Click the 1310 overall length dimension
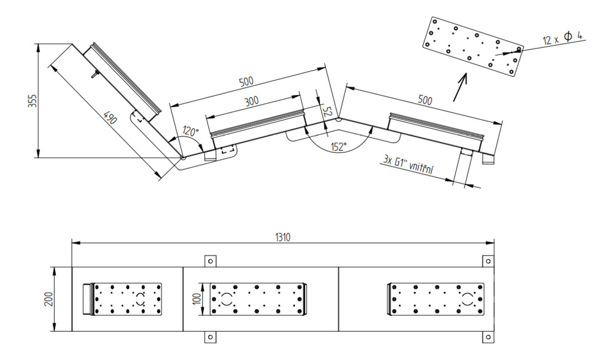click(282, 237)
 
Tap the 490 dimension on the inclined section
click(111, 117)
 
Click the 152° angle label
click(339, 147)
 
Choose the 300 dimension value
click(251, 101)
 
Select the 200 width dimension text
click(50, 299)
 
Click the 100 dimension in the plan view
click(197, 299)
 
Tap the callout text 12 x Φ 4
click(562, 38)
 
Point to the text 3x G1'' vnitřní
click(409, 165)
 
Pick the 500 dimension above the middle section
click(246, 82)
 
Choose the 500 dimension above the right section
click(425, 100)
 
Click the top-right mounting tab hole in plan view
click(488, 261)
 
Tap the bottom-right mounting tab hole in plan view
click(488, 337)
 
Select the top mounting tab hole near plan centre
click(210, 261)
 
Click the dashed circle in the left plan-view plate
click(140, 299)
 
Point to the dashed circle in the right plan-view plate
click(467, 299)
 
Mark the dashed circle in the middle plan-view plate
click(226, 299)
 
